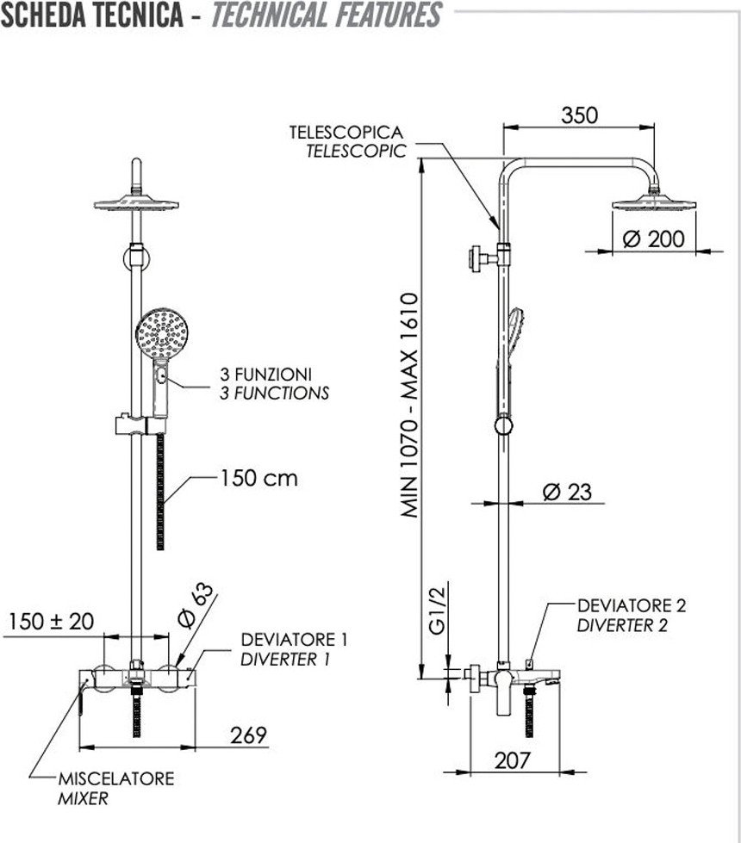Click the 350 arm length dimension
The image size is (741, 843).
[579, 115]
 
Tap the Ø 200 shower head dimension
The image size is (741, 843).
[654, 239]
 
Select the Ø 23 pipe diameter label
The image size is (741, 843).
[567, 492]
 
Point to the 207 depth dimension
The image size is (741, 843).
[513, 760]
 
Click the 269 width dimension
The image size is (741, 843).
[249, 735]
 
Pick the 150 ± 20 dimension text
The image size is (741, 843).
[51, 622]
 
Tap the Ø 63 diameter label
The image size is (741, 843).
[196, 604]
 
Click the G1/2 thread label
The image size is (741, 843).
[438, 610]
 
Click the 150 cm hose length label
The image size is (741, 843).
[258, 478]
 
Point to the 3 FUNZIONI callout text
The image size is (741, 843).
[266, 375]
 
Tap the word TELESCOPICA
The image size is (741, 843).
[346, 133]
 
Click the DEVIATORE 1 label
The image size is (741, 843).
[295, 640]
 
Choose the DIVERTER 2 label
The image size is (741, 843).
[622, 625]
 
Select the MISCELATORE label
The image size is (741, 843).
[116, 778]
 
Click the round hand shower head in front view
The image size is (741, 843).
[161, 333]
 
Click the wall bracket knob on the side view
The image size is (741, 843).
[475, 258]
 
